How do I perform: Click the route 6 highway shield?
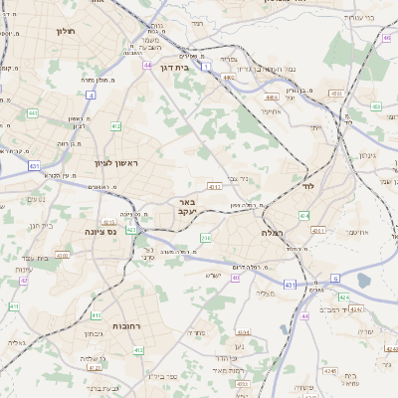(x=335, y=278)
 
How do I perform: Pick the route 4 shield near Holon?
(x=90, y=95)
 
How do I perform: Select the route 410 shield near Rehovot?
(x=139, y=349)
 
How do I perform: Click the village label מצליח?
(x=265, y=293)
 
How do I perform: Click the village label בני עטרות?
(x=355, y=17)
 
